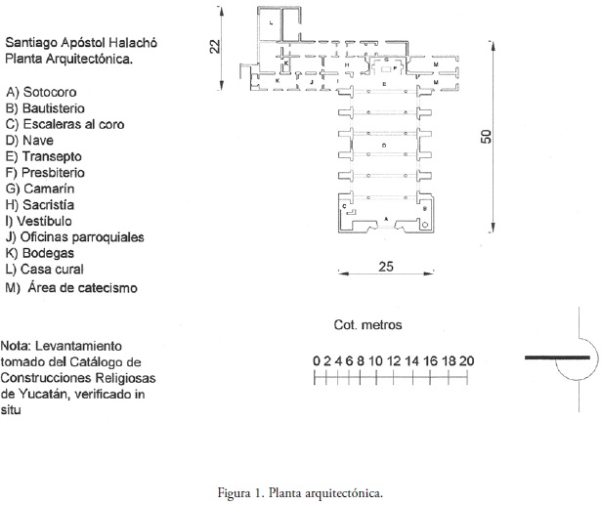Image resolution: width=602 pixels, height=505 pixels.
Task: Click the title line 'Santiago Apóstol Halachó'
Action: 81,43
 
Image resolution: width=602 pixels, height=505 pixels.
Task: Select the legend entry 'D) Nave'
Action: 29,140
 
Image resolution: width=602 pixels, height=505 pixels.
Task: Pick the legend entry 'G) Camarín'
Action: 40,189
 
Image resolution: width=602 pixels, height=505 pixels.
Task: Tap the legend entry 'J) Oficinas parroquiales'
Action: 74,236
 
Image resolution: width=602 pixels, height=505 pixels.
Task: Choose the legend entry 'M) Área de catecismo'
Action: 71,287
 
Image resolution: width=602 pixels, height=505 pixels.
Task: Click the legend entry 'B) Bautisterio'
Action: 45,107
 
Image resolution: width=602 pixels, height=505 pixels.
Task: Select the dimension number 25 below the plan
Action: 385,267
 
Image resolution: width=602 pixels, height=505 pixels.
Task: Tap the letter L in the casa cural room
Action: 272,22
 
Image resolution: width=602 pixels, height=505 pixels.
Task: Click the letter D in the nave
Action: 385,146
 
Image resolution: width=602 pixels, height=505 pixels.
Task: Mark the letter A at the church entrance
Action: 385,218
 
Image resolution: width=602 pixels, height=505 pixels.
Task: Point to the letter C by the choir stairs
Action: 345,205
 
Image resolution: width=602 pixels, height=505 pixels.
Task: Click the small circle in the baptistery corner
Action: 425,225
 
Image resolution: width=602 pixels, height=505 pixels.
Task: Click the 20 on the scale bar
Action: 466,360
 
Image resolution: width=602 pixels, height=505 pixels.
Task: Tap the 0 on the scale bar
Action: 316,360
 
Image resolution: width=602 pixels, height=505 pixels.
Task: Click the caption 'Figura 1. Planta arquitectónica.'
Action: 300,492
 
